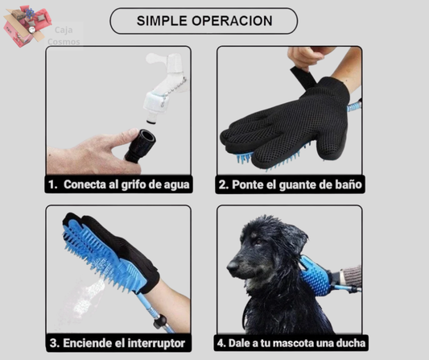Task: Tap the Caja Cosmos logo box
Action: point(23,24)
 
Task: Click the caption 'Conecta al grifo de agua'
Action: point(118,184)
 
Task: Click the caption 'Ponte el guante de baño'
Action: point(290,184)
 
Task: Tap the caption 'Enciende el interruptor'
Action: point(118,342)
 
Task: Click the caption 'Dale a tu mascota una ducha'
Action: point(290,342)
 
